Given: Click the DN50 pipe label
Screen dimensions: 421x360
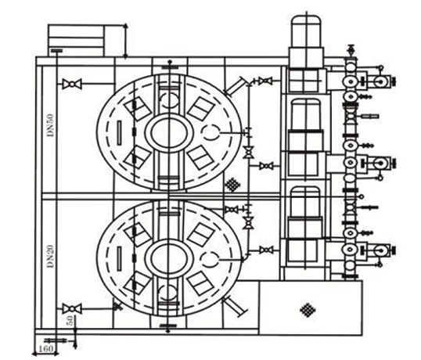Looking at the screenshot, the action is click(x=50, y=125).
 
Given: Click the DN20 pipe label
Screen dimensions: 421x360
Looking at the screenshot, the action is click(x=50, y=256).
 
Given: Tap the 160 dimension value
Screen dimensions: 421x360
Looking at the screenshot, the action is click(x=45, y=349).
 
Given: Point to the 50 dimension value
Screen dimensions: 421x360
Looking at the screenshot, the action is click(x=70, y=321).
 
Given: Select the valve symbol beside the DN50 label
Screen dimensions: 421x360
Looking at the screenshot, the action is click(x=72, y=84).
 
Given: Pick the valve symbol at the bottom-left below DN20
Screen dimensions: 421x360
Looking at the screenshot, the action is click(x=72, y=308).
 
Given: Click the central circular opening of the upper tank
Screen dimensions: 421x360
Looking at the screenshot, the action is click(x=169, y=133).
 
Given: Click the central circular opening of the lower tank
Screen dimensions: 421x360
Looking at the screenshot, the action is click(x=169, y=259).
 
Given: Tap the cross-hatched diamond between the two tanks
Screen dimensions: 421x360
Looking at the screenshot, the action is click(x=232, y=185).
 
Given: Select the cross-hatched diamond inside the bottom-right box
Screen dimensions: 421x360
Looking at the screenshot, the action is click(x=308, y=310).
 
